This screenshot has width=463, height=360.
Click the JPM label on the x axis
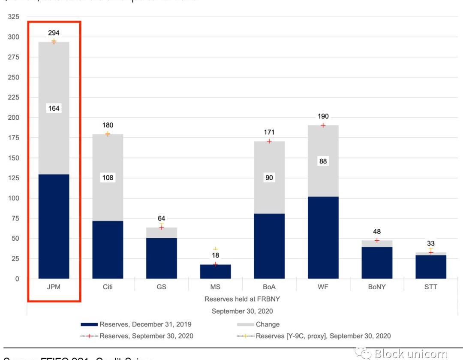tap(54, 287)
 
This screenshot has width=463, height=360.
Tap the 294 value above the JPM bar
tap(54, 33)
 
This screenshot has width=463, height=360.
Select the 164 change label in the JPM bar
tap(54, 109)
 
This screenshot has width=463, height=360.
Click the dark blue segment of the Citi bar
tap(108, 250)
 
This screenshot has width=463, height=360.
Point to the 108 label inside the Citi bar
tap(108, 178)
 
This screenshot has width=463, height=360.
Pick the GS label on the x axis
tap(161, 287)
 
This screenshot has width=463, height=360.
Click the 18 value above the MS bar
tap(215, 255)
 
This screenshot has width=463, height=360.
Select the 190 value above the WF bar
tap(323, 116)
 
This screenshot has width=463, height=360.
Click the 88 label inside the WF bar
tap(323, 161)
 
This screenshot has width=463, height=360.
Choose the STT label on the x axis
tap(430, 287)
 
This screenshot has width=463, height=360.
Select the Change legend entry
tap(268, 324)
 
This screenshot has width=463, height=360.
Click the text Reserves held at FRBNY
tap(242, 299)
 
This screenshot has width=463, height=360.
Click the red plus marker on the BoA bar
tap(269, 141)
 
